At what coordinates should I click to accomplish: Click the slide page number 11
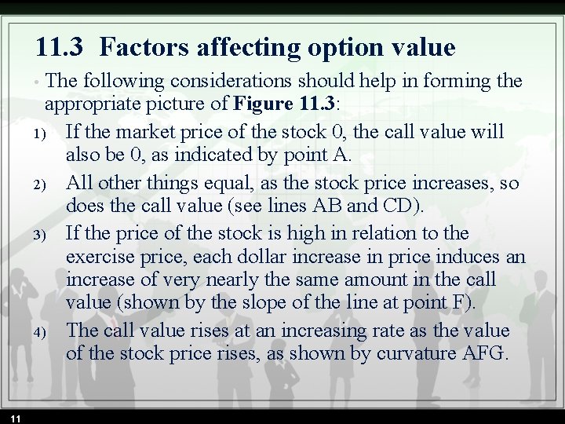tap(16, 418)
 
